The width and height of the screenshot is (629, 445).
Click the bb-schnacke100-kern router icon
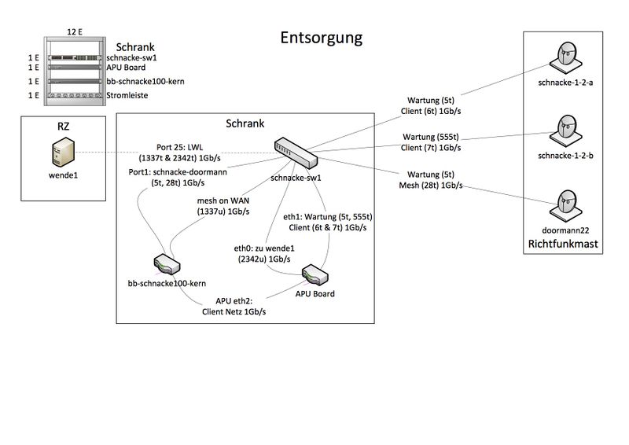click(166, 265)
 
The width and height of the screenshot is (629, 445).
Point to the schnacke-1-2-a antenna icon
click(565, 58)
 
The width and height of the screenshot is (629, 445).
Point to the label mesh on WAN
click(223, 200)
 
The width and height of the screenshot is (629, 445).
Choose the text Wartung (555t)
click(430, 136)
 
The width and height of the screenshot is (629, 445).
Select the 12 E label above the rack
click(75, 31)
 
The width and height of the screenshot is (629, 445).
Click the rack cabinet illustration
click(75, 72)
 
